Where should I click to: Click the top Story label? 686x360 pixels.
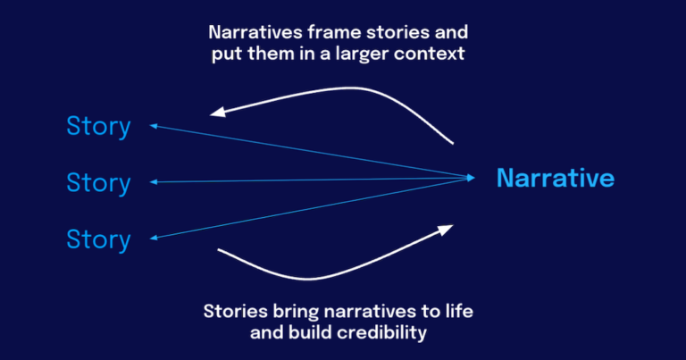pyautogui.click(x=98, y=126)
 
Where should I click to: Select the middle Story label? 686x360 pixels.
pyautogui.click(x=98, y=183)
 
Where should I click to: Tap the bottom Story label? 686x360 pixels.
pyautogui.click(x=98, y=239)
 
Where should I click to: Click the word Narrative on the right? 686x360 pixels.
pyautogui.click(x=555, y=178)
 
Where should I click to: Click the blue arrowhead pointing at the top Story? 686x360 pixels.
pyautogui.click(x=155, y=126)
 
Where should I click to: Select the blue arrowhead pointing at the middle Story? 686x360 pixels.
pyautogui.click(x=155, y=182)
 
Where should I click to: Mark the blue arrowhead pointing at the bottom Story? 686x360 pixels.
pyautogui.click(x=155, y=238)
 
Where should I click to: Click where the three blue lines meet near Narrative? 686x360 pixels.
pyautogui.click(x=473, y=178)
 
